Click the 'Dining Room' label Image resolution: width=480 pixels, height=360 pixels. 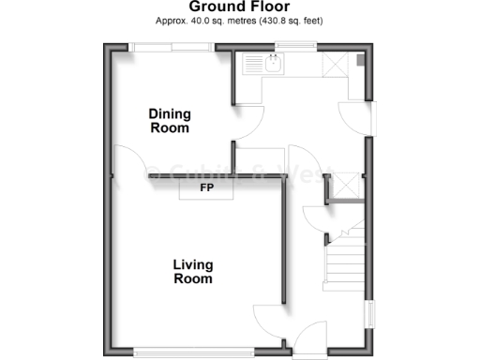(169, 121)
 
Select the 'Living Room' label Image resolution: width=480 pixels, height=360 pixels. (192, 271)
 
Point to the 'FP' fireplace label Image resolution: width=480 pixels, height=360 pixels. (207, 187)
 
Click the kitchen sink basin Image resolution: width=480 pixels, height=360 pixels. (274, 64)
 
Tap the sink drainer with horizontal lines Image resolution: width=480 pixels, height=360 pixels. (253, 64)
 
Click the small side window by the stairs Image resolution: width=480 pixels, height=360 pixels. (369, 314)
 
